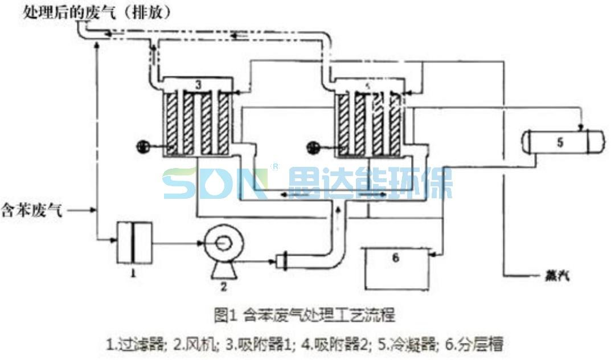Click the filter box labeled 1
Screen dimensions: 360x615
click(134, 243)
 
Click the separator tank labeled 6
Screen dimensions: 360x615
click(397, 266)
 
